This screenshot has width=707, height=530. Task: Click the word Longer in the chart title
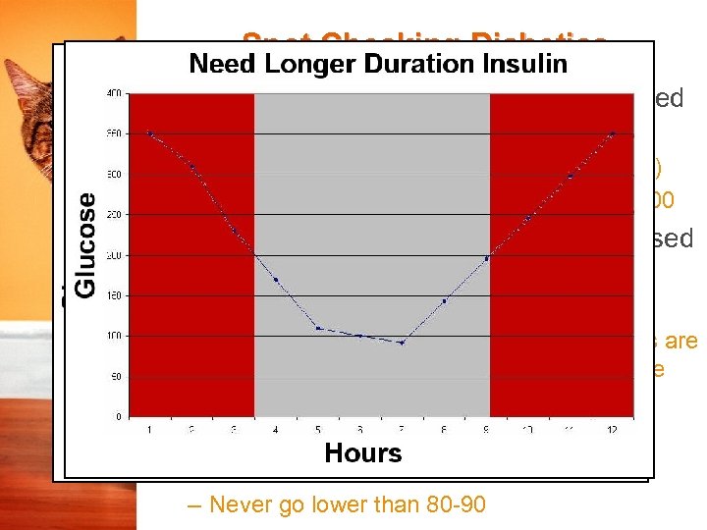pyautogui.click(x=309, y=64)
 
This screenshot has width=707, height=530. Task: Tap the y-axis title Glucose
pyautogui.click(x=86, y=244)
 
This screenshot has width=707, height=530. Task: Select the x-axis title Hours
pyautogui.click(x=362, y=452)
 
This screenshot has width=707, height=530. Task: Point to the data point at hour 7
pyautogui.click(x=402, y=342)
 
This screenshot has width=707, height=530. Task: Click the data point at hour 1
pyautogui.click(x=149, y=133)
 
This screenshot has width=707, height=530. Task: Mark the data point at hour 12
pyautogui.click(x=613, y=133)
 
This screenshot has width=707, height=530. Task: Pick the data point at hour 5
pyautogui.click(x=318, y=328)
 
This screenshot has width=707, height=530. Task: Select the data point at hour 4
pyautogui.click(x=276, y=280)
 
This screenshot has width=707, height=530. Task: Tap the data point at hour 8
pyautogui.click(x=444, y=301)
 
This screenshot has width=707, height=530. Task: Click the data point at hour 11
pyautogui.click(x=571, y=176)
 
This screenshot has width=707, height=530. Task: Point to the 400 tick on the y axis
pyautogui.click(x=115, y=94)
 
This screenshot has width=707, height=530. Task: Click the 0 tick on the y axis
pyautogui.click(x=119, y=416)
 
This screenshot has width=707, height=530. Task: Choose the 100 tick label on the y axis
pyautogui.click(x=115, y=336)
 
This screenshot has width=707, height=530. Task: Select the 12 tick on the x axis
pyautogui.click(x=613, y=429)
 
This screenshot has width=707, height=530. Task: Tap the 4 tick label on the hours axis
pyautogui.click(x=276, y=429)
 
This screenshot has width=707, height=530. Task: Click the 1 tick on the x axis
pyautogui.click(x=150, y=429)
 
